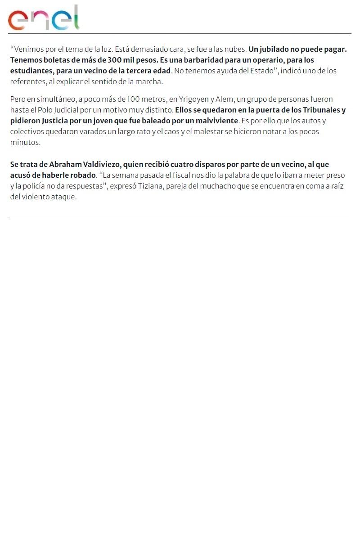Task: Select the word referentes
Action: coord(28,81)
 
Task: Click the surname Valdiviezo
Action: coord(102,164)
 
